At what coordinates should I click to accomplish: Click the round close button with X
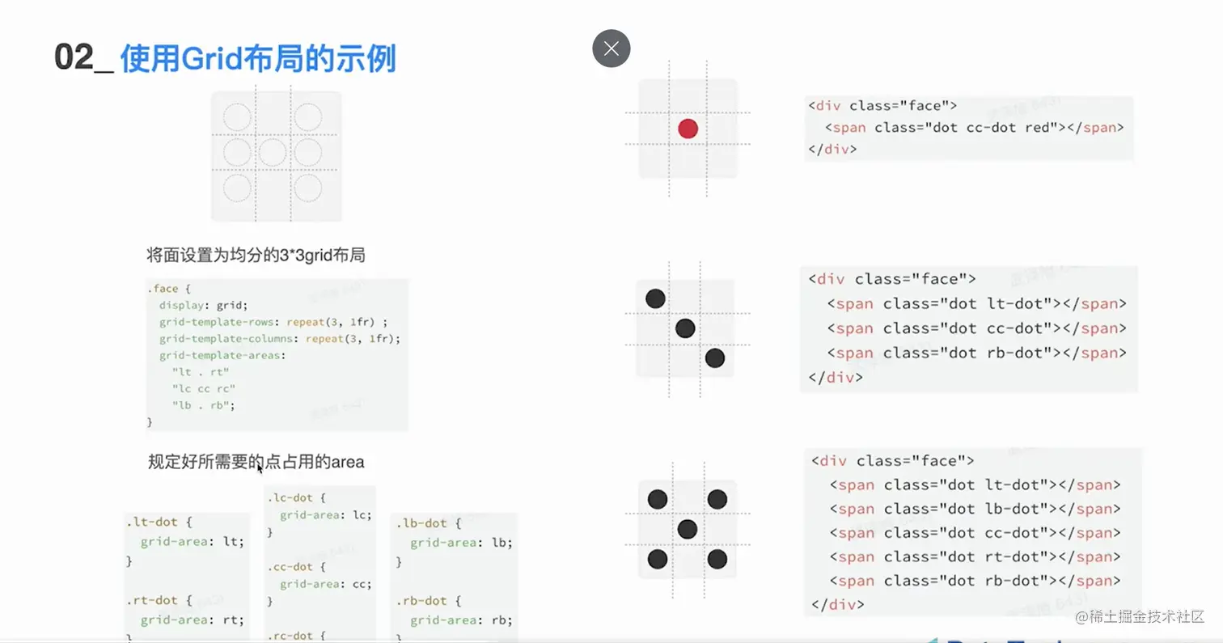pos(611,49)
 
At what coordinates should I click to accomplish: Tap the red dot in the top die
pos(688,128)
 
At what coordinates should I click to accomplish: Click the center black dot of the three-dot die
pos(685,328)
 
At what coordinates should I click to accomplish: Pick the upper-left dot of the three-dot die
pos(655,298)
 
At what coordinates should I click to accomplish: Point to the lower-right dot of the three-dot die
pos(714,357)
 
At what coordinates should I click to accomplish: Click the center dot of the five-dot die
pos(688,529)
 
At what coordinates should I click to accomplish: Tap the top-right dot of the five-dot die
pos(717,500)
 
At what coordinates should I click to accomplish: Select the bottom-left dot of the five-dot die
pos(658,559)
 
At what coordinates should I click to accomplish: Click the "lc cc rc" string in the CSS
pos(203,389)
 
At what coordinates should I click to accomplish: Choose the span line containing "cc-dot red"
pos(974,128)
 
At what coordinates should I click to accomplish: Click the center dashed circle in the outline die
pos(273,152)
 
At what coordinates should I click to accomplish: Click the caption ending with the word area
pos(256,462)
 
